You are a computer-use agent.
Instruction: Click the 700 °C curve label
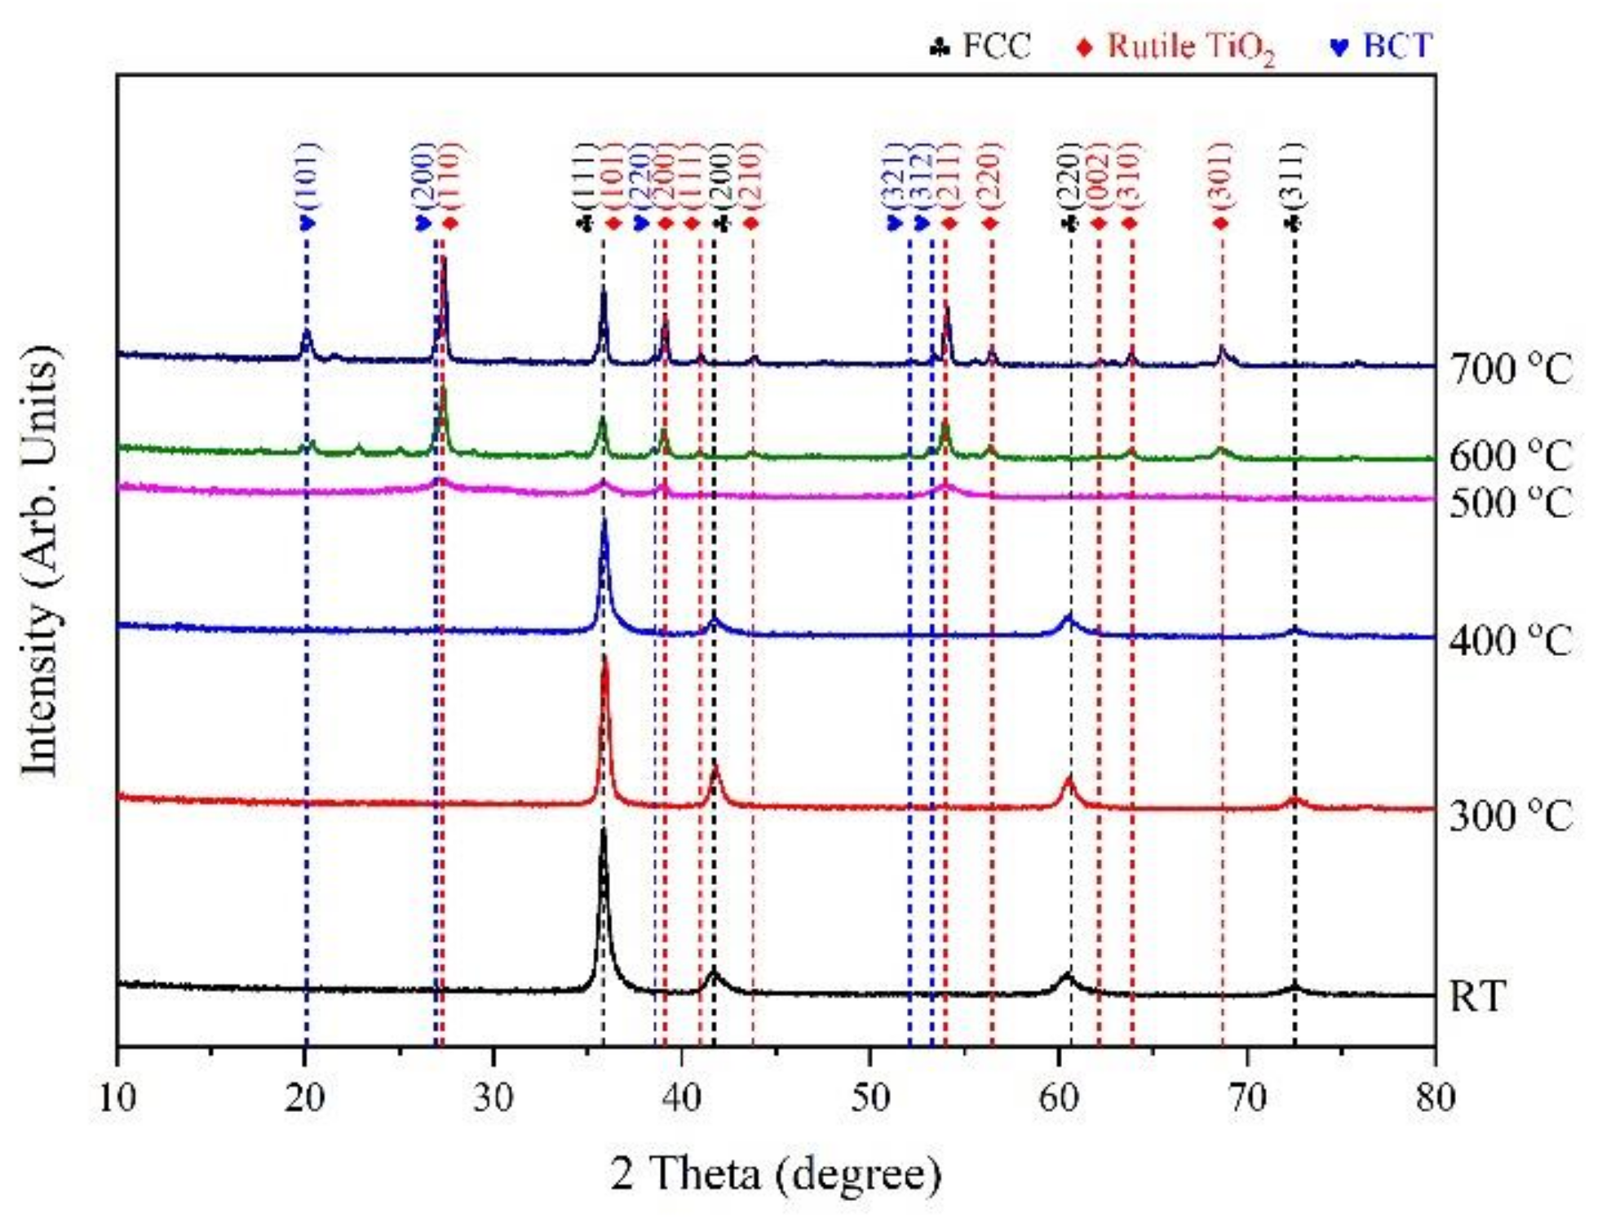coord(1510,370)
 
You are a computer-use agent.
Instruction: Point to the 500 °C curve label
coord(1510,503)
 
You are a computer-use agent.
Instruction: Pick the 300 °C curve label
coord(1510,815)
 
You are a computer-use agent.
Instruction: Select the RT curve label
coord(1476,996)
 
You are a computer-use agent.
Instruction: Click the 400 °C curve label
coord(1510,641)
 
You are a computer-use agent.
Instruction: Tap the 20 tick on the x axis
coord(305,1098)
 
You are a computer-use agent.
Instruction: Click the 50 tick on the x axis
coord(870,1098)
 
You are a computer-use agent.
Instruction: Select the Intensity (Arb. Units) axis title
coord(41,561)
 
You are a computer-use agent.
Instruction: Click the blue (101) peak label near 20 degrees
coord(307,175)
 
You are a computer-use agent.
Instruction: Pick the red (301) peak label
coord(1220,175)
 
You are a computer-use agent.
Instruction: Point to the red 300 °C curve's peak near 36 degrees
coord(604,658)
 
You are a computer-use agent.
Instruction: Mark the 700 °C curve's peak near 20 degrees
coord(307,333)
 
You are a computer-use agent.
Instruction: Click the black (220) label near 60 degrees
coord(1070,175)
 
